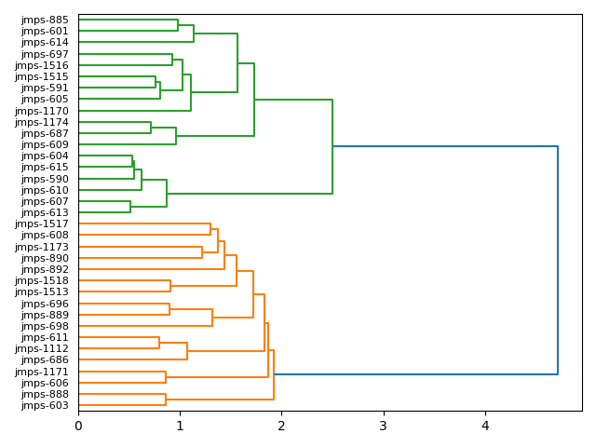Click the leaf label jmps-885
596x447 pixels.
[x=45, y=20]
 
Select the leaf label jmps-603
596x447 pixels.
[x=45, y=405]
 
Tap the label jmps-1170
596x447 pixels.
[x=42, y=111]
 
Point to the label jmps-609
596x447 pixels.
[x=45, y=144]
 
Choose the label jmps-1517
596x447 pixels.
[x=42, y=224]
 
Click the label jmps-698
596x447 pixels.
[x=45, y=326]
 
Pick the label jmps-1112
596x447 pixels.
[x=42, y=348]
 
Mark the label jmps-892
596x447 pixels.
[x=45, y=269]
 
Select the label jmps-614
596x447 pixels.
[x=45, y=43]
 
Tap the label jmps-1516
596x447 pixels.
[x=42, y=65]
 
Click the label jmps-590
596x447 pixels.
[x=45, y=179]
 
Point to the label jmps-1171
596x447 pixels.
[x=42, y=372]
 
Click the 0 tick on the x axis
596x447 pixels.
[x=78, y=427]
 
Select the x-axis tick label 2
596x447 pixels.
[x=281, y=427]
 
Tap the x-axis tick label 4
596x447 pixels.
[x=484, y=427]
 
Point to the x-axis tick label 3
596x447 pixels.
[x=383, y=427]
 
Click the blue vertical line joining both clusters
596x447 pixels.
[x=558, y=261]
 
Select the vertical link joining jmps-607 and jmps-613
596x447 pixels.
[x=130, y=207]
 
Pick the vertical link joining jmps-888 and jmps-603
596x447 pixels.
[x=166, y=400]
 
